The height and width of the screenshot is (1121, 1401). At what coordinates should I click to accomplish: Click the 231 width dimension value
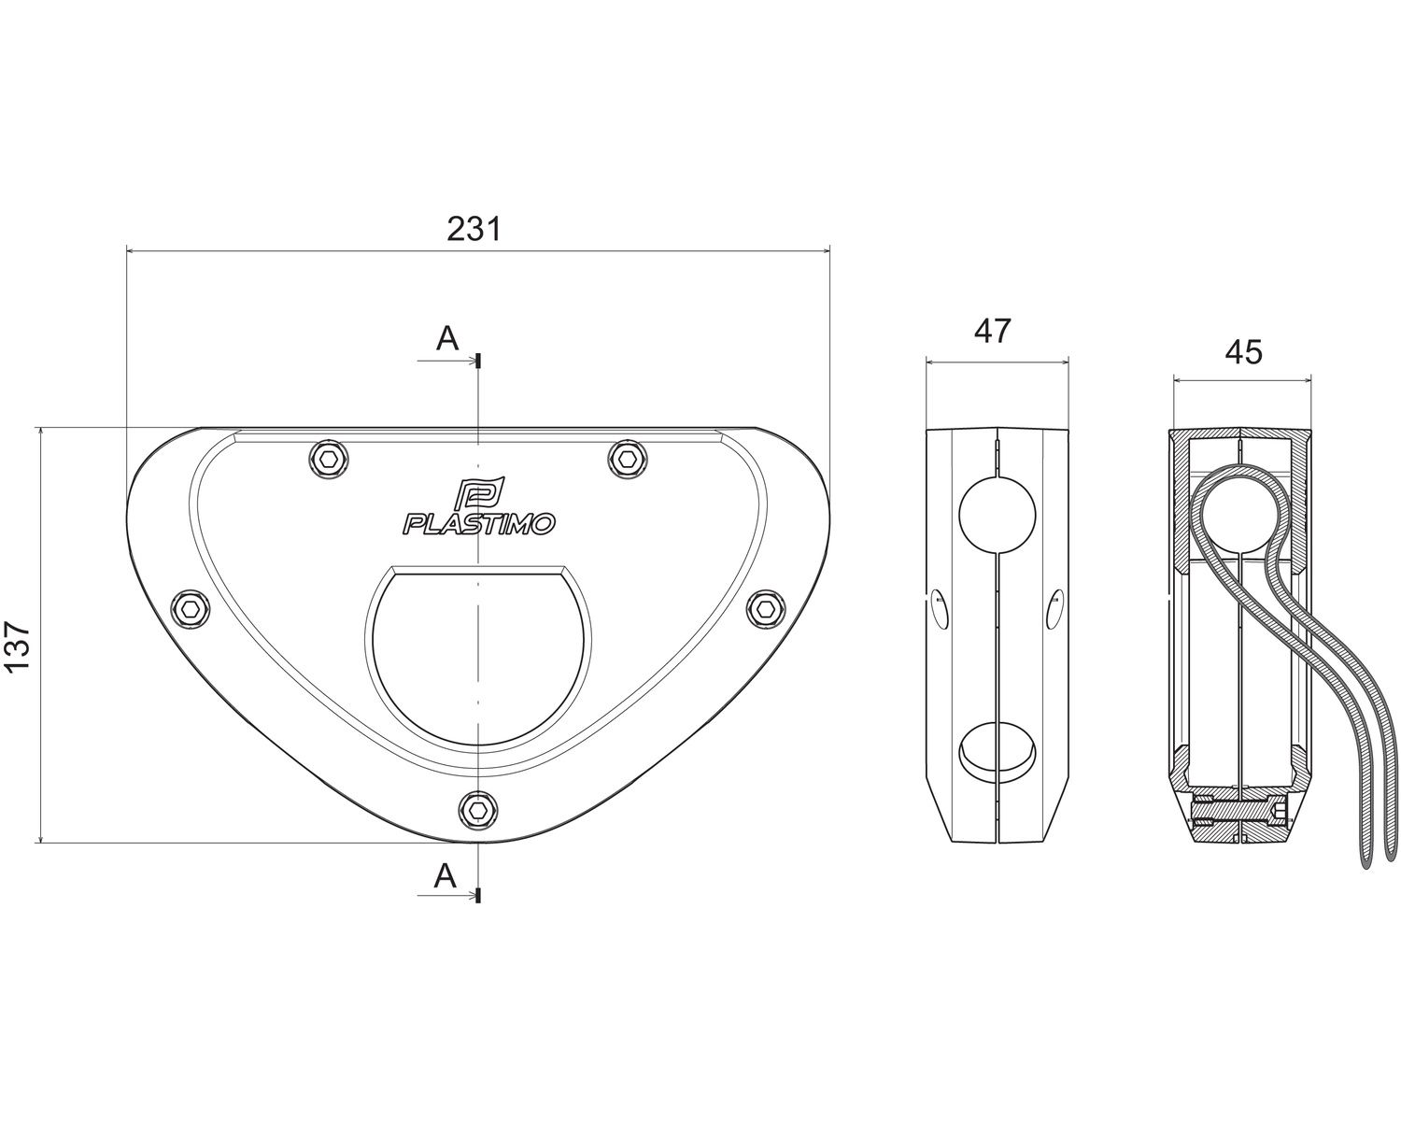(x=474, y=229)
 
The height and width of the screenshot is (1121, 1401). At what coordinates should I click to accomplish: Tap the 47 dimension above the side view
(x=992, y=332)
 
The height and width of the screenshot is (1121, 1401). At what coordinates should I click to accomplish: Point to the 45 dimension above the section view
(x=1243, y=352)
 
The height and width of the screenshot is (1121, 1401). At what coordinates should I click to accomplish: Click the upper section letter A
(x=447, y=339)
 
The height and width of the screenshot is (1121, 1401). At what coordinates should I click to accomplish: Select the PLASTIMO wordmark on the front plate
(x=479, y=524)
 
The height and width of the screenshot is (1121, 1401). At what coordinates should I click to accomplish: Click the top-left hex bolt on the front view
(x=330, y=460)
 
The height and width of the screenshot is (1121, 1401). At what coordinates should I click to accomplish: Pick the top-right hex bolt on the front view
(x=628, y=460)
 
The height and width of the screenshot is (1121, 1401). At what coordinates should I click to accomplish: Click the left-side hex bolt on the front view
(x=191, y=608)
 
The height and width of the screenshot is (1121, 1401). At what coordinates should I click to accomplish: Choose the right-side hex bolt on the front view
(x=766, y=608)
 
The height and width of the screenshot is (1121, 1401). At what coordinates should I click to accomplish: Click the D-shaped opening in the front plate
(x=478, y=655)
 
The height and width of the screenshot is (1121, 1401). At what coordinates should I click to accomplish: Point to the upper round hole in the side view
(x=997, y=516)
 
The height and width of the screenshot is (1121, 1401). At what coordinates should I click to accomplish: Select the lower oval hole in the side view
(x=997, y=750)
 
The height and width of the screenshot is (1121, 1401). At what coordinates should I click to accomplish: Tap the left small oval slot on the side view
(x=940, y=609)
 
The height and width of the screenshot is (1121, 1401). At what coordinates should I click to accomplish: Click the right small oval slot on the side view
(x=1054, y=609)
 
